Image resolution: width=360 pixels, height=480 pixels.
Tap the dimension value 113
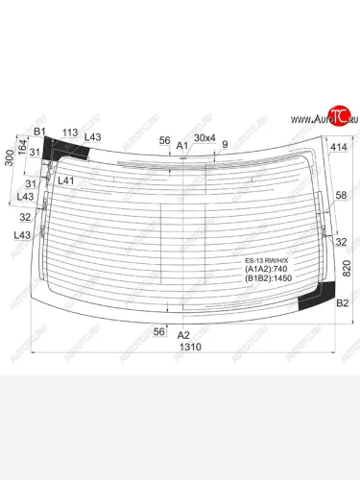(x=69, y=132)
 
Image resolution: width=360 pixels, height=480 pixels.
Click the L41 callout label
(x=66, y=180)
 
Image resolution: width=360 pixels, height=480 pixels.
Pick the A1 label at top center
(x=181, y=145)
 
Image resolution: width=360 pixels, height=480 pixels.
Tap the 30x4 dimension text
(x=204, y=138)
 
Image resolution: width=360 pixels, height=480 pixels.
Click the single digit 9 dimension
(x=225, y=145)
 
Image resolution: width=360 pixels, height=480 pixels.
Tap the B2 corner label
(x=340, y=304)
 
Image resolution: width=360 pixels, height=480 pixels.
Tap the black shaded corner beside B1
(x=65, y=149)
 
